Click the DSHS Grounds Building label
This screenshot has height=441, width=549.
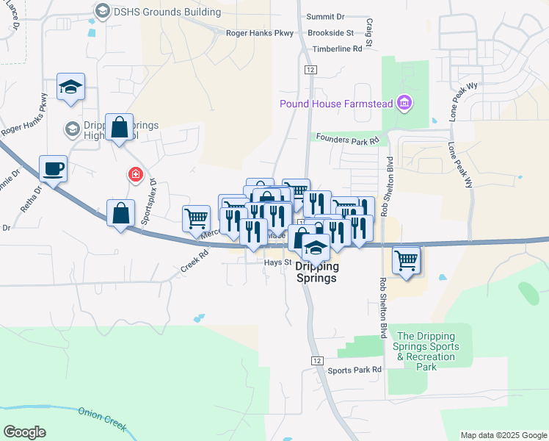click(x=167, y=12)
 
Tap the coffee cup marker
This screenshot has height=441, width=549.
click(x=54, y=169)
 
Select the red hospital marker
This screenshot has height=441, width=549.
click(x=134, y=175)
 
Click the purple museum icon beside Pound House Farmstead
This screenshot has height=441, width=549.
click(x=403, y=103)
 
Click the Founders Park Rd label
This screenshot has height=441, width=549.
click(x=348, y=138)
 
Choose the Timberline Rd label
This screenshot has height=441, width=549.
click(x=338, y=49)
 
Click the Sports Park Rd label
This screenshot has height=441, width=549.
click(x=355, y=370)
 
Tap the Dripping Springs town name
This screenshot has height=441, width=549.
click(x=316, y=273)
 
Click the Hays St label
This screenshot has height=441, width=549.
click(x=278, y=262)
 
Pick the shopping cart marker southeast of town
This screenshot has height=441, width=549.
click(x=407, y=259)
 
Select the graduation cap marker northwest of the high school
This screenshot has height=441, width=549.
click(x=71, y=87)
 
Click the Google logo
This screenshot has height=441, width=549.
click(x=25, y=432)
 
